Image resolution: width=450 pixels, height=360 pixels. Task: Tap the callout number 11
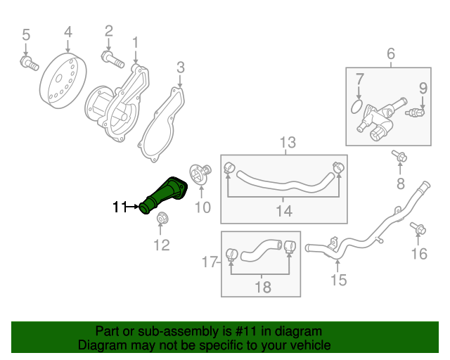119,207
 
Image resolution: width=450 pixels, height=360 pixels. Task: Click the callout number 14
283,211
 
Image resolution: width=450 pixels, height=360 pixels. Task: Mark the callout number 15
339,281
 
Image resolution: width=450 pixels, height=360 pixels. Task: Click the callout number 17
208,263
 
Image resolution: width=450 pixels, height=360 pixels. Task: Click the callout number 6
391,53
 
